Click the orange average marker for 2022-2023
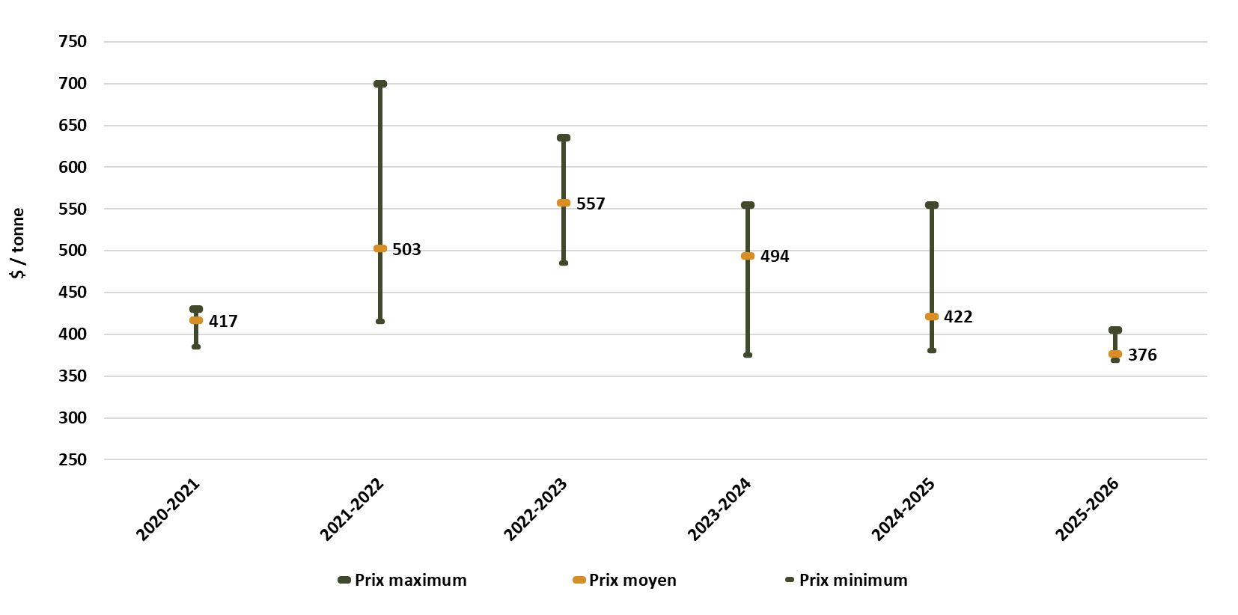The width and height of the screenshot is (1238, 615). tap(564, 203)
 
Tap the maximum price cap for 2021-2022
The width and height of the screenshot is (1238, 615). tap(380, 84)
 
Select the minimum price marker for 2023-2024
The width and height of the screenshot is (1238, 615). tap(748, 355)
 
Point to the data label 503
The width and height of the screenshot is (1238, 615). tap(406, 249)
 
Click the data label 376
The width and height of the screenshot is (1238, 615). tap(1142, 355)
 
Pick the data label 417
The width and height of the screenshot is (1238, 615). tap(223, 321)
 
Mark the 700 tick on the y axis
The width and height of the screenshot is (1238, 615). tap(73, 84)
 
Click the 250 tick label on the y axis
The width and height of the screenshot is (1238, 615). tap(73, 459)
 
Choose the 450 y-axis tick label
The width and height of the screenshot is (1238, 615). tap(73, 293)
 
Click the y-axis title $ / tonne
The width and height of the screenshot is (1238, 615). tap(18, 243)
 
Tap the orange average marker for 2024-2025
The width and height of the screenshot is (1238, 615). tap(932, 316)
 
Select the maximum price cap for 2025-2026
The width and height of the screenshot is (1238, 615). tap(1115, 330)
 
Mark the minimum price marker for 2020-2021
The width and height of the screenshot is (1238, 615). tap(196, 346)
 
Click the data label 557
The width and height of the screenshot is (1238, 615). tap(591, 204)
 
